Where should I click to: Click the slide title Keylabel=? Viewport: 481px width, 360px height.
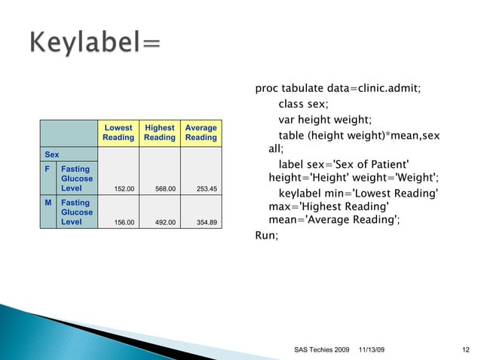96,44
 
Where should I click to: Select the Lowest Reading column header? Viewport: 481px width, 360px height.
118,133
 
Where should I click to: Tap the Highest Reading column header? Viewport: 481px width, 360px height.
159,133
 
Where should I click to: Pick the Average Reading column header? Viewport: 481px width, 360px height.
201,133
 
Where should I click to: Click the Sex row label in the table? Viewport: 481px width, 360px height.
51,154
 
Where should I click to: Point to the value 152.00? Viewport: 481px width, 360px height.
121,189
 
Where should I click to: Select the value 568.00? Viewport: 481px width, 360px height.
162,189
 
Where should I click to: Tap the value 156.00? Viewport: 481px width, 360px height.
121,222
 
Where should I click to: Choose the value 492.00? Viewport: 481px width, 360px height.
162,222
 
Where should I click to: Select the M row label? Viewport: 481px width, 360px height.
47,203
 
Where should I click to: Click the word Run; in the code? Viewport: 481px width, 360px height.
267,236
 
